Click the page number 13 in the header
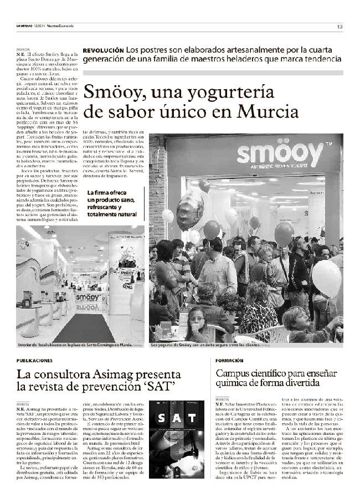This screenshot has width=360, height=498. (340, 27)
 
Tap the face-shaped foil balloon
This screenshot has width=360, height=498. (190, 211)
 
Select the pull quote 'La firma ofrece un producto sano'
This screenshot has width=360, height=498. (111, 203)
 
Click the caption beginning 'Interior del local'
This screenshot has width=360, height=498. (75, 345)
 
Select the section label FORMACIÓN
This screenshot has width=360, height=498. (229, 360)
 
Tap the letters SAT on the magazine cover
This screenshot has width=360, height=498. (176, 417)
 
